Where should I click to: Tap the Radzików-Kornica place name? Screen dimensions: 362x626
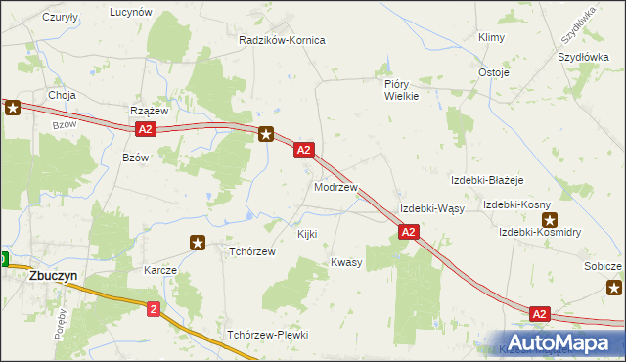(282, 41)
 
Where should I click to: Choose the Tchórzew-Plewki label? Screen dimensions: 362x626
(267, 335)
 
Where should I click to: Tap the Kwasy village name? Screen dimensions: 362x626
(346, 262)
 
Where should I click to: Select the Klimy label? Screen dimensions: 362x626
(490, 37)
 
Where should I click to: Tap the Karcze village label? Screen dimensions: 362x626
(159, 269)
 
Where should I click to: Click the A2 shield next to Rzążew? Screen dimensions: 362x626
(145, 129)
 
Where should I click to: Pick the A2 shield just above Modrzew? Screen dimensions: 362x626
(304, 150)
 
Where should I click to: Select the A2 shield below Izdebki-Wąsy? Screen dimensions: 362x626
(409, 232)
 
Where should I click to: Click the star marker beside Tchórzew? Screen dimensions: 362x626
(198, 242)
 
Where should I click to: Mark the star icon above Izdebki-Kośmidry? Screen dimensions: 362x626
(549, 220)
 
